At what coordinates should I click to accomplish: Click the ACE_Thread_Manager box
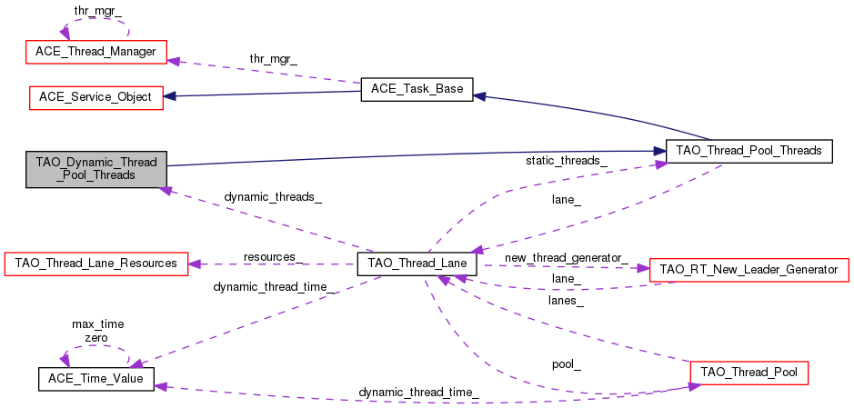(x=96, y=52)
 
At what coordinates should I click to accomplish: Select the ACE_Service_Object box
(x=95, y=97)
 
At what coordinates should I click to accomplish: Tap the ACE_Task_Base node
(x=417, y=89)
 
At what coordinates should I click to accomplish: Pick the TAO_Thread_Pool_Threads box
(x=749, y=151)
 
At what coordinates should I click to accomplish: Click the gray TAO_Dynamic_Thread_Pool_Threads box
(x=96, y=169)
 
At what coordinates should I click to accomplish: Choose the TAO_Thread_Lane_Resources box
(x=96, y=264)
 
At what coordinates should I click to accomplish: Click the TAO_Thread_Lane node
(x=417, y=264)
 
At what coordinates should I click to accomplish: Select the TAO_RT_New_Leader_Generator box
(x=749, y=269)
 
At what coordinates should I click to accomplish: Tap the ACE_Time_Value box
(x=95, y=379)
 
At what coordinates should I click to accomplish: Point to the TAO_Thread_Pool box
(x=749, y=373)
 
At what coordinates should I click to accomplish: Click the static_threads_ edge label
(x=567, y=161)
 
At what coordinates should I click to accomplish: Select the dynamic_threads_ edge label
(x=273, y=197)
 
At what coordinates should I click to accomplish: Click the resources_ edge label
(x=273, y=257)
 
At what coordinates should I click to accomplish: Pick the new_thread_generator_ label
(x=567, y=257)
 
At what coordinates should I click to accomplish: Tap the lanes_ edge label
(x=567, y=301)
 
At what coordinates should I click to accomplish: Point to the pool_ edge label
(x=567, y=365)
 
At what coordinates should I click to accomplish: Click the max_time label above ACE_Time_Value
(x=98, y=324)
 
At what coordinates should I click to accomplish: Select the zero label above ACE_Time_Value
(x=96, y=338)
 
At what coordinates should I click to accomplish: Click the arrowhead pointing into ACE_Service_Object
(x=169, y=96)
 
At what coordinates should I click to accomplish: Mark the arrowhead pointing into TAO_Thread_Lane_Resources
(x=195, y=264)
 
